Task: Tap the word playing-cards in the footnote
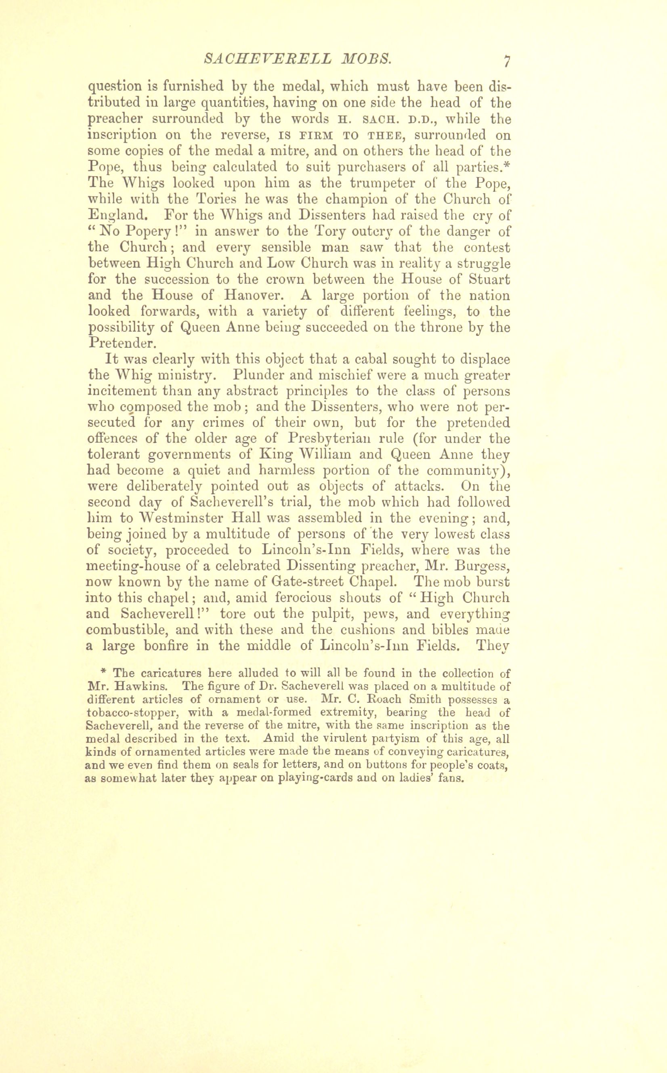(316, 778)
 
